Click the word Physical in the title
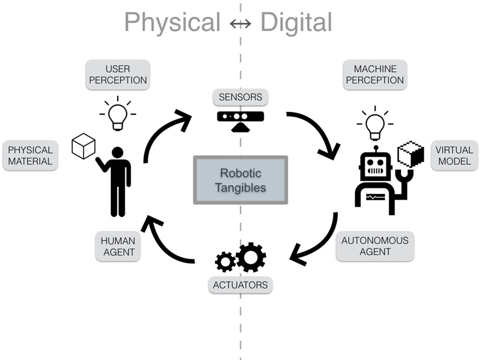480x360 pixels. [171, 23]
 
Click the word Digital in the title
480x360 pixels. [296, 23]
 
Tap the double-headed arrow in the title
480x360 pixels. [240, 24]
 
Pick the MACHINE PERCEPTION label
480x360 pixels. [374, 74]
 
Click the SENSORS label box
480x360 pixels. [240, 97]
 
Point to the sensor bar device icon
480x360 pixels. [240, 118]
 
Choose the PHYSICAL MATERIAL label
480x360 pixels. [30, 155]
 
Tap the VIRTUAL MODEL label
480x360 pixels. [454, 155]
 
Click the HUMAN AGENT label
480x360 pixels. [118, 246]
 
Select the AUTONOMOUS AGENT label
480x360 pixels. [375, 246]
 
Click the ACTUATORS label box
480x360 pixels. [240, 286]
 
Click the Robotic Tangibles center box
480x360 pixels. [240, 179]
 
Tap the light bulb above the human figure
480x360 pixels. [117, 114]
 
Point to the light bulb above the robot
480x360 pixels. [375, 123]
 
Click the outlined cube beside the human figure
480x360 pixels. [83, 146]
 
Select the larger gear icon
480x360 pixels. [251, 256]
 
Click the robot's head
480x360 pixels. [373, 165]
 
